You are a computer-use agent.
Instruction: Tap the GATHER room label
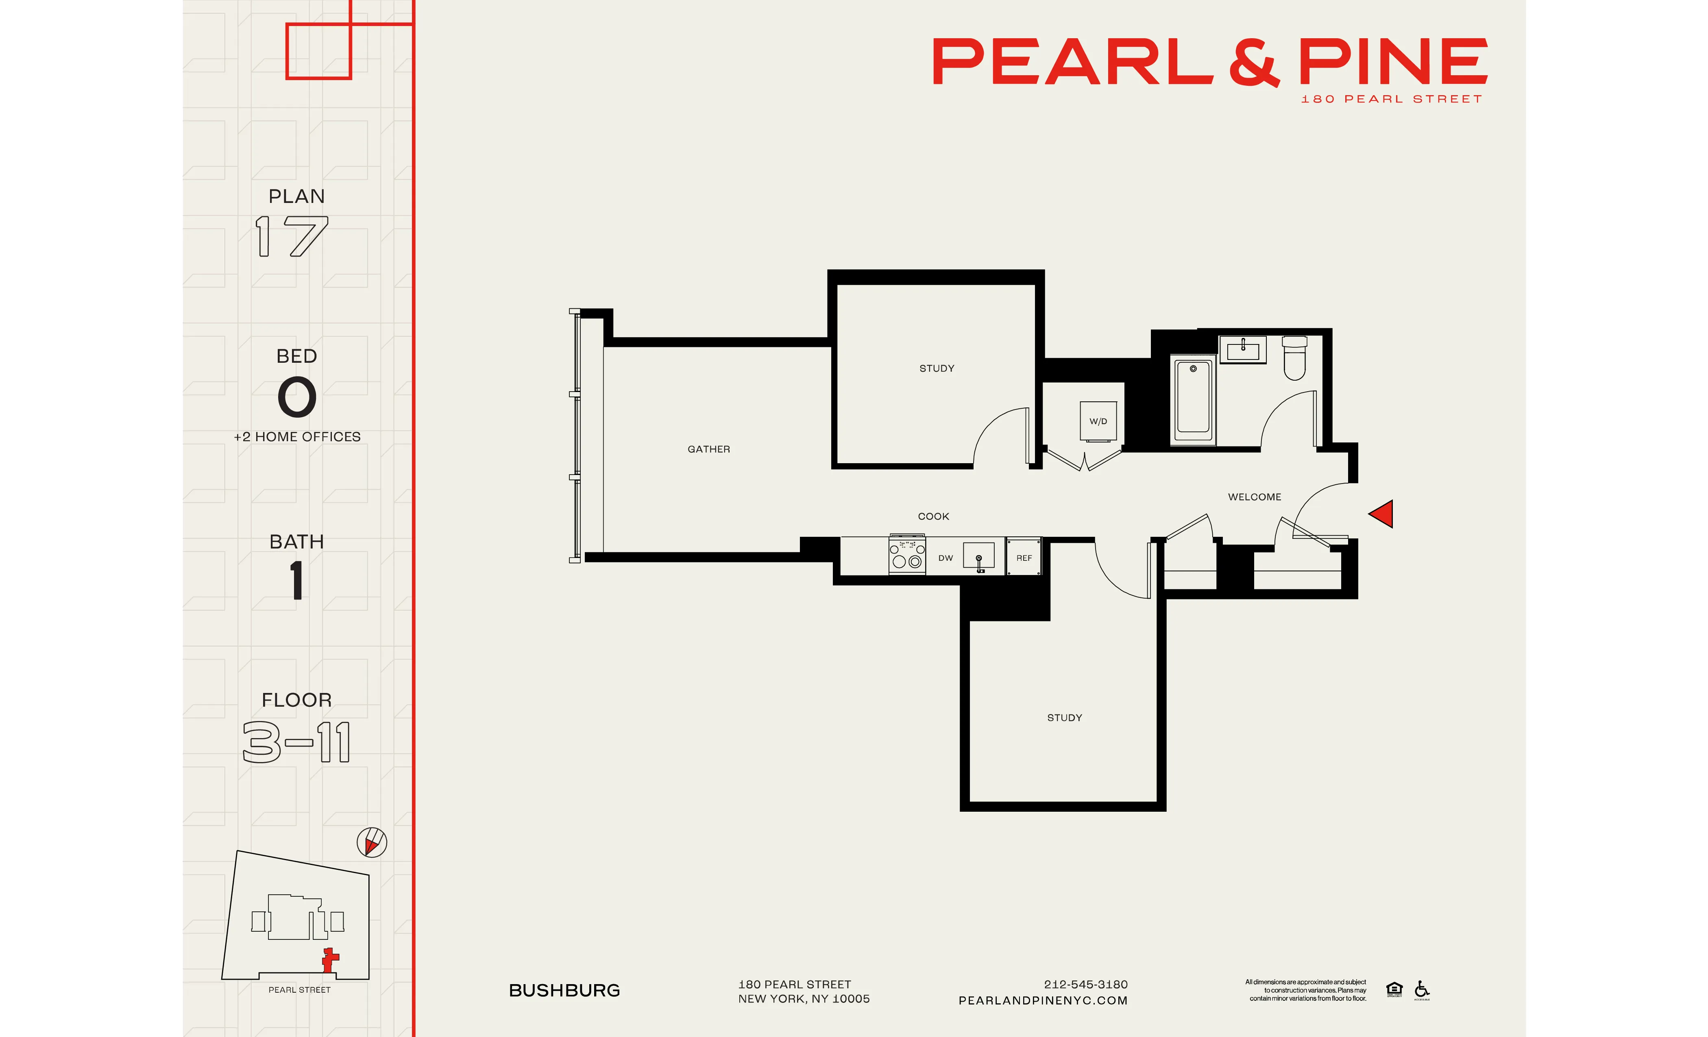click(x=708, y=449)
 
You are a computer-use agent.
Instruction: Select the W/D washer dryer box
click(x=1098, y=421)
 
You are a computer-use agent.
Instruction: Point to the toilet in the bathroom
click(x=1294, y=358)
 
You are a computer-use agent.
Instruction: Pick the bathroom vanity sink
click(x=1243, y=349)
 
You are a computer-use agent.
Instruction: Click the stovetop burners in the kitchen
click(x=907, y=555)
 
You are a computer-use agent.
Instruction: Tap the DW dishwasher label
click(x=945, y=558)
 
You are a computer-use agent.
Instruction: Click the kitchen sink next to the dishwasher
click(x=979, y=557)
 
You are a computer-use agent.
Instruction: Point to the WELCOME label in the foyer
click(x=1254, y=497)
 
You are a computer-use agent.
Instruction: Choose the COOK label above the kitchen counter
click(x=933, y=516)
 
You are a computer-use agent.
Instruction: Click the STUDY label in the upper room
click(x=937, y=368)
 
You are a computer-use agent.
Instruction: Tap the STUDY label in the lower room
click(x=1064, y=717)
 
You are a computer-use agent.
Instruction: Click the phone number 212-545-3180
click(x=1085, y=984)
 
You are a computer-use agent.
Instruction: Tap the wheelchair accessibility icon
click(x=1422, y=989)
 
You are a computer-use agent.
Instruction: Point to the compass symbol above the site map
click(x=372, y=842)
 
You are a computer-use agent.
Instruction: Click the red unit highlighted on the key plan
click(x=330, y=959)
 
